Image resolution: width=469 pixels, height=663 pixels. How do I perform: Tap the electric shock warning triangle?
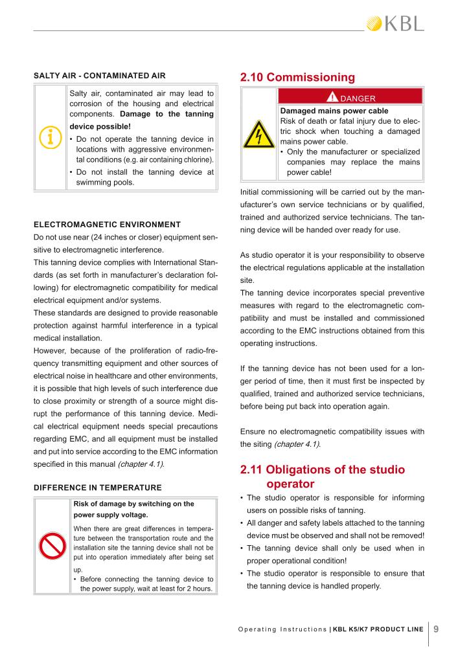pos(258,134)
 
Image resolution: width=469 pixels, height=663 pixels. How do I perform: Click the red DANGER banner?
pos(350,98)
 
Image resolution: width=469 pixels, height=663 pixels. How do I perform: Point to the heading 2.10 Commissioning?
pos(297,77)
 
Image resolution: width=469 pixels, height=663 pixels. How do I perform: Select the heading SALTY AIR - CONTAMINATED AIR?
pos(99,76)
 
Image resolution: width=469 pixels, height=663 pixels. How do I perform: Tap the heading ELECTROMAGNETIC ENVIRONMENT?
pos(107,225)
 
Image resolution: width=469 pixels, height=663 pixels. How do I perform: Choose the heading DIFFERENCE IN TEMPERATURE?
pos(98,487)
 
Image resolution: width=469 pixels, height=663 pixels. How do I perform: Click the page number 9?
pos(437,627)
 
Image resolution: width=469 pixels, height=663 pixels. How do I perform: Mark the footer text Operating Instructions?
pos(282,628)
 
